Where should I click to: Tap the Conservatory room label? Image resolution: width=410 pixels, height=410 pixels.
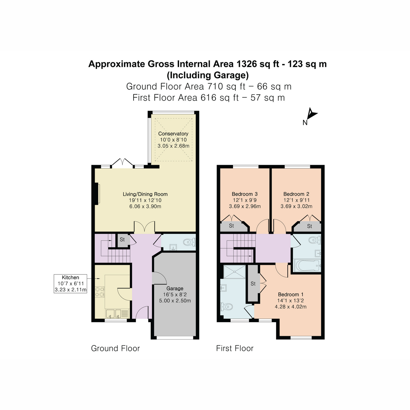pos(173,134)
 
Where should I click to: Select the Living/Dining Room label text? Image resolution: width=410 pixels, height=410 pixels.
pos(145,194)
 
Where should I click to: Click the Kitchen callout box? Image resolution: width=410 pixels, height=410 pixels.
pos(70,284)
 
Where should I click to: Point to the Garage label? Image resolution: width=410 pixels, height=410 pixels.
pos(175,288)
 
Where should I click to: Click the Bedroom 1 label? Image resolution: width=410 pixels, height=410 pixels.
pos(290,295)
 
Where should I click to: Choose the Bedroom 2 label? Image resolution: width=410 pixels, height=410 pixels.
pos(296,194)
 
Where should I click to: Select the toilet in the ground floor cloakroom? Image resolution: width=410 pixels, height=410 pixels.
pos(189,243)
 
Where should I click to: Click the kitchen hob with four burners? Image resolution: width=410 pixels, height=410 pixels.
pos(99,291)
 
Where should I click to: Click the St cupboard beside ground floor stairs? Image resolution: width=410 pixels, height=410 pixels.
pos(122,240)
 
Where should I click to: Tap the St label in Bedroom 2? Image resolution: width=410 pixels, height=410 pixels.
pos(309,226)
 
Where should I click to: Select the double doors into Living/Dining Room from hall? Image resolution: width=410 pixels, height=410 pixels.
pos(144,227)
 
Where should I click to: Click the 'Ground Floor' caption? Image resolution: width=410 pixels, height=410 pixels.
pos(115,348)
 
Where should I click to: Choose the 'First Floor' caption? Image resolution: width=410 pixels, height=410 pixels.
pos(235,348)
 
